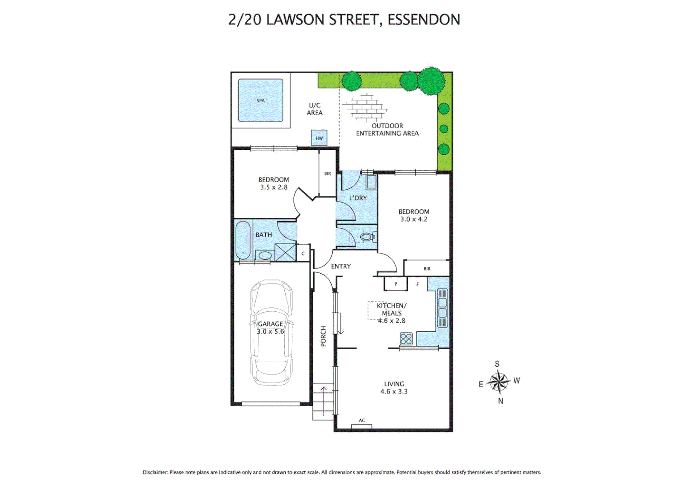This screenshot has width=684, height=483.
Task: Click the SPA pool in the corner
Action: pos(261,100)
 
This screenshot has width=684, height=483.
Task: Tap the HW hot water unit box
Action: pos(319,138)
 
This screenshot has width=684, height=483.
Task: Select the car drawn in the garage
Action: pos(271,333)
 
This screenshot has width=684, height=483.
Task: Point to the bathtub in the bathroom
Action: pos(243,240)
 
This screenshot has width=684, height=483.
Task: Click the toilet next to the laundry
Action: pos(368,237)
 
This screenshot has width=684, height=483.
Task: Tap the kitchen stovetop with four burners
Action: pos(406,339)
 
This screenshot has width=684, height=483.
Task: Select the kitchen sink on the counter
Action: pos(442,308)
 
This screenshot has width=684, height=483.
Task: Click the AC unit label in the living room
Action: pos(362,420)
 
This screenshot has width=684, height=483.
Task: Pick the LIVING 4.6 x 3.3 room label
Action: pos(394,387)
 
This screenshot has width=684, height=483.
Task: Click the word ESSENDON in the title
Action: pos(423,20)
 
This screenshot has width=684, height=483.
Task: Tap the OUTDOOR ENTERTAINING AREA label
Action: pos(387,129)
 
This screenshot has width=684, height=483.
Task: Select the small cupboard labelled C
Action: pos(303,254)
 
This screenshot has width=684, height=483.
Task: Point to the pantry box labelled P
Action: pos(396,284)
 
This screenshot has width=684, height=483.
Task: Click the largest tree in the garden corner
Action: pos(431,81)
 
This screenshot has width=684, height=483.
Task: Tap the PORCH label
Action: pos(323,336)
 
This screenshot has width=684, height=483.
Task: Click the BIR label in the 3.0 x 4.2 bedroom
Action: pos(427,269)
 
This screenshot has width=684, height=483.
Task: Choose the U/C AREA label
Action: pos(315,109)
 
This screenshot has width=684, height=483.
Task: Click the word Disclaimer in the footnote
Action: pos(155,472)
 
